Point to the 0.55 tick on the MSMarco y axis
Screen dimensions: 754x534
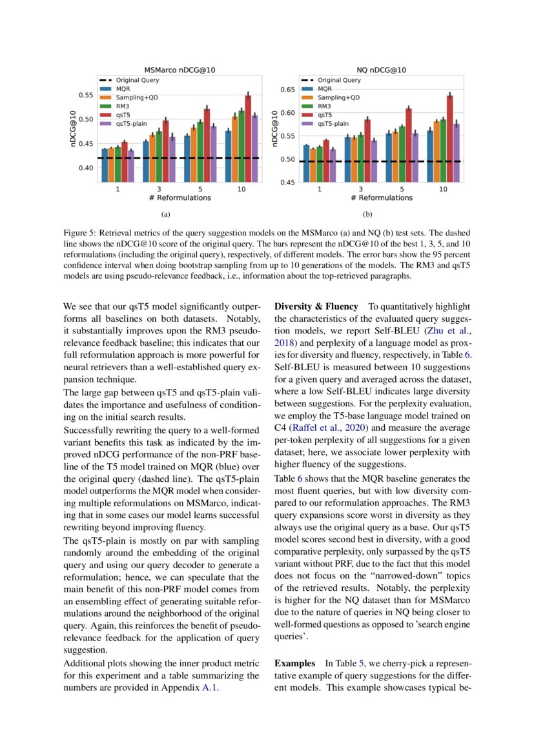pos(85,95)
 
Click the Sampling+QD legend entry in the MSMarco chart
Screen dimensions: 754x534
pos(137,97)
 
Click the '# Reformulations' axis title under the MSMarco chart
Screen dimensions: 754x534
pos(176,198)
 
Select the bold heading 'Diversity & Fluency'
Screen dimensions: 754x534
pos(316,307)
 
